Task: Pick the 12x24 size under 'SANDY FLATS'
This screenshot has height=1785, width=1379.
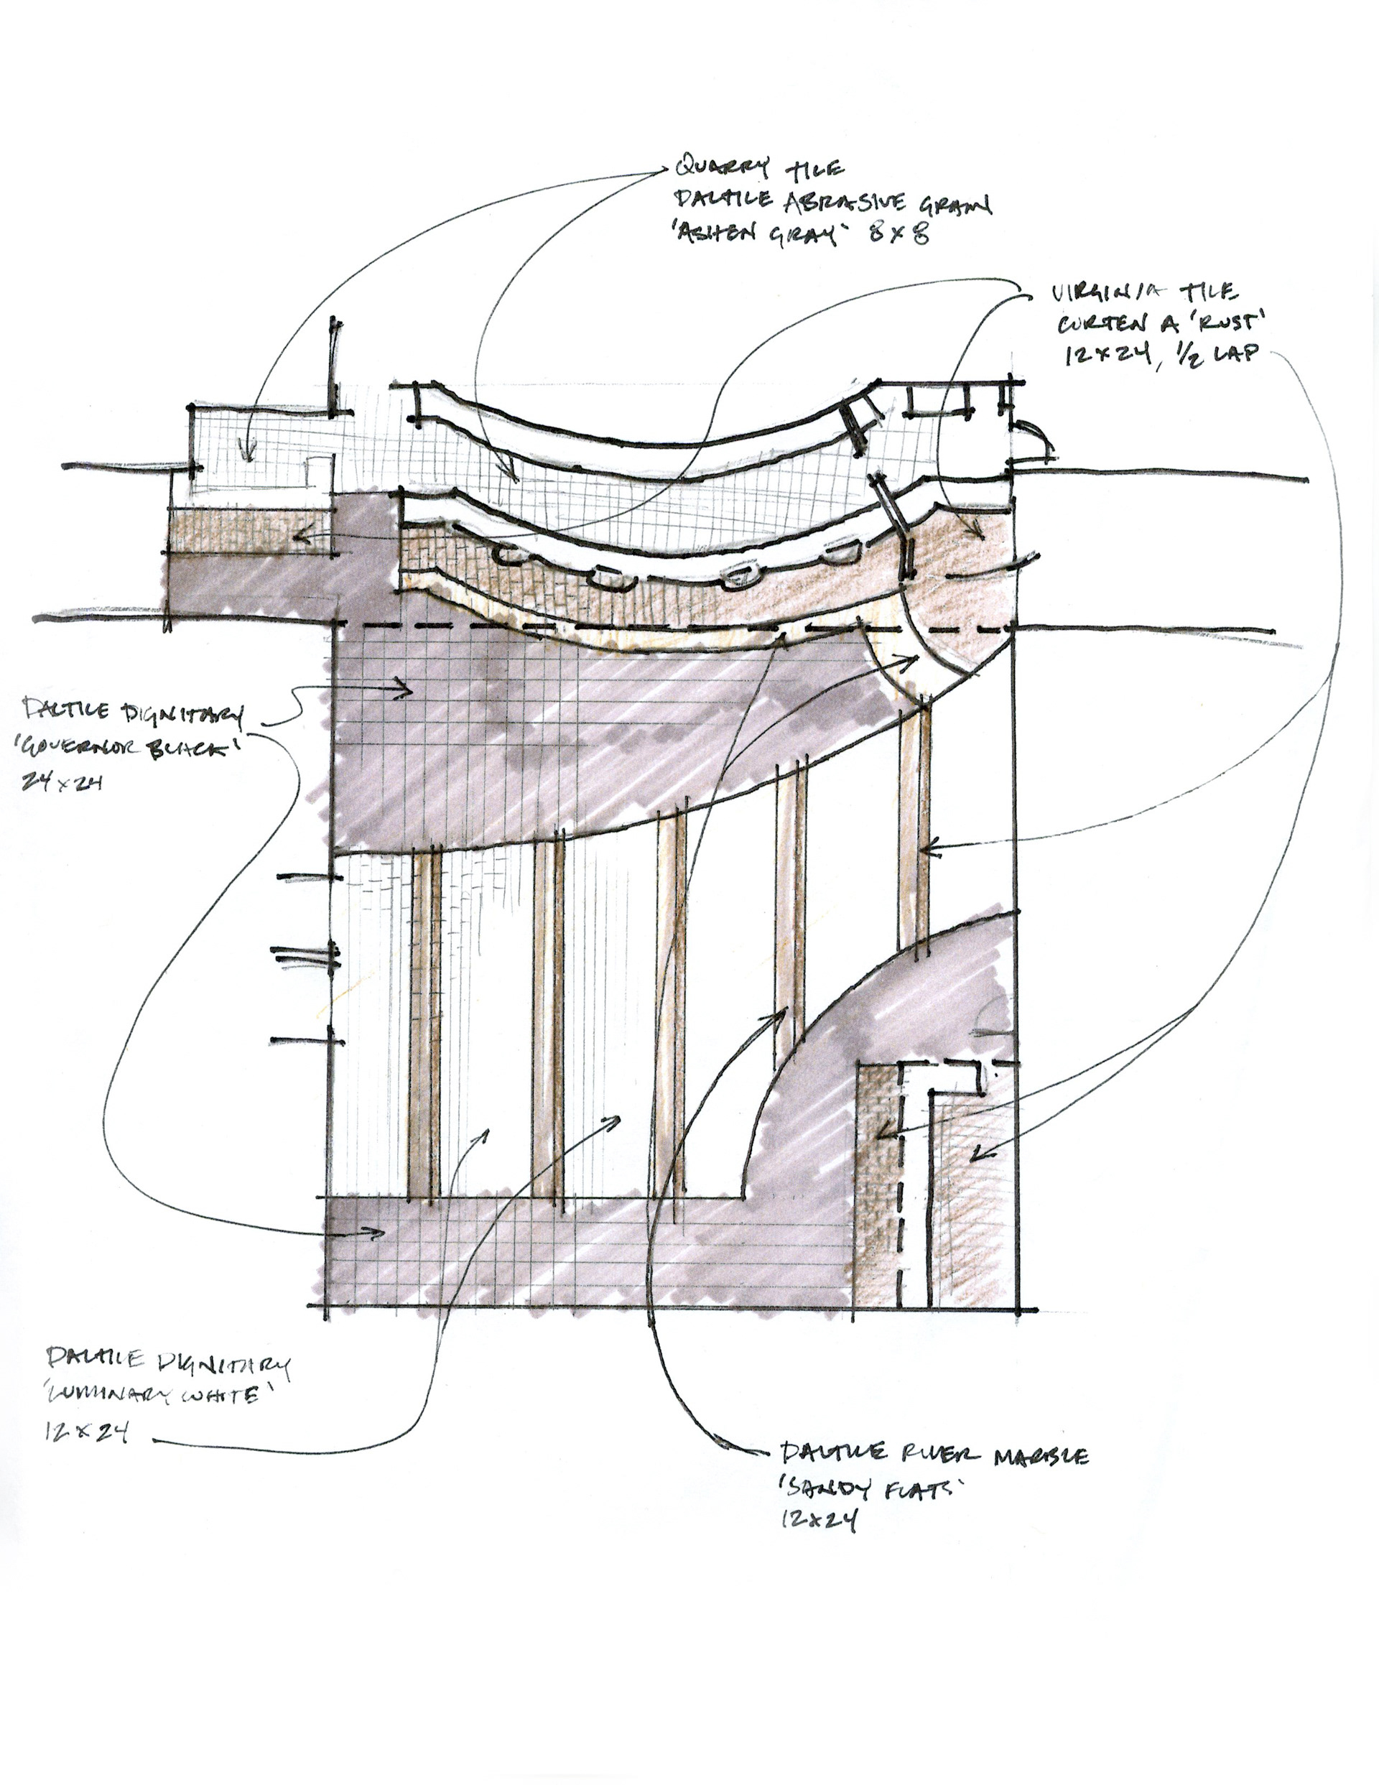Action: (x=818, y=1519)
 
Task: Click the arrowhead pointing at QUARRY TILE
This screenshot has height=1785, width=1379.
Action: (x=664, y=171)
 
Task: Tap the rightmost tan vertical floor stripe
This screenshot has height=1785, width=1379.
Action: (x=914, y=825)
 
